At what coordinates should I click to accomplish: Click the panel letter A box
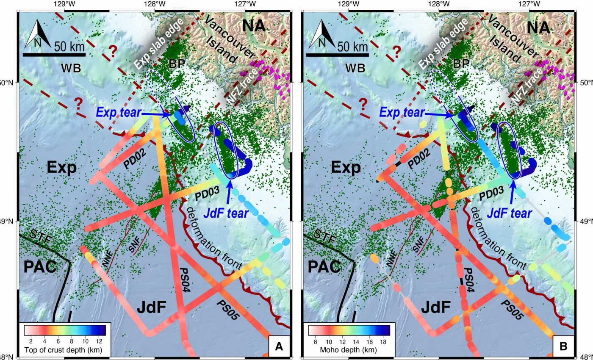(279, 346)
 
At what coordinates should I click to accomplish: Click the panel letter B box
(563, 346)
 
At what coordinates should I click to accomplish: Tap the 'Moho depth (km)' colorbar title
(349, 350)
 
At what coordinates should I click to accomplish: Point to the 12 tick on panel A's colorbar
(99, 341)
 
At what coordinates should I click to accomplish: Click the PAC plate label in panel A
(40, 267)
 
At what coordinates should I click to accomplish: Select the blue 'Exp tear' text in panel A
(117, 112)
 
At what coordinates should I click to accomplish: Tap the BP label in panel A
(176, 64)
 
